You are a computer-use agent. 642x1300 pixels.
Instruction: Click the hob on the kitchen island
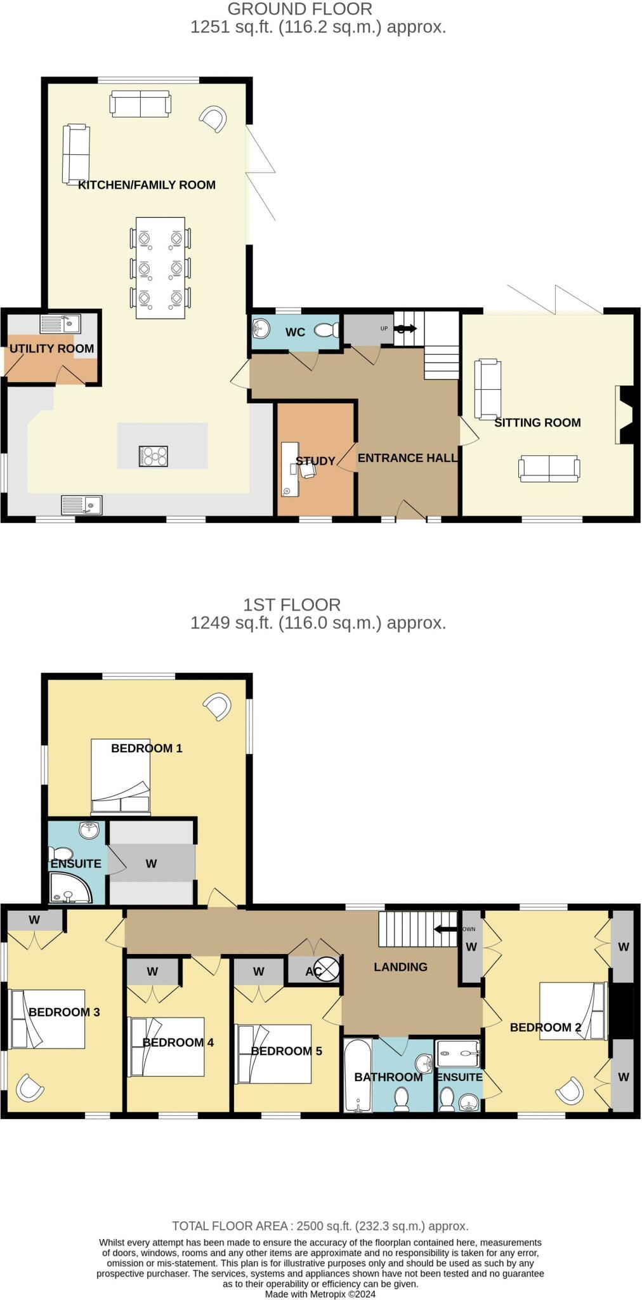click(x=154, y=456)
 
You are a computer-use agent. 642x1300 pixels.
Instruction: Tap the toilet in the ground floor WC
click(x=326, y=329)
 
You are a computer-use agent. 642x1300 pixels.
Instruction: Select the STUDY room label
click(x=315, y=461)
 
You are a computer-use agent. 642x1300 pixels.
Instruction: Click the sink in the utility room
click(x=61, y=324)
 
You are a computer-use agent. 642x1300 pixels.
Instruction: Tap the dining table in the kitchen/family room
click(x=160, y=268)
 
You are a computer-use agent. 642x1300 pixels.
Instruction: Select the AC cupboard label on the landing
click(x=314, y=971)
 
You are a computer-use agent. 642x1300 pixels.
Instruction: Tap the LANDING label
click(x=400, y=967)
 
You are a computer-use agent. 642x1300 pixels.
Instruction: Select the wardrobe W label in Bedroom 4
click(x=152, y=971)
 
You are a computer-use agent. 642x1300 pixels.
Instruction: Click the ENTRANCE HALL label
click(x=407, y=458)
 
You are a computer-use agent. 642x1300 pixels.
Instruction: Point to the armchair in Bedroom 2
click(x=570, y=1091)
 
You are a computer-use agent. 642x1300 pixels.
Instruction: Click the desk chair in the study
click(x=308, y=470)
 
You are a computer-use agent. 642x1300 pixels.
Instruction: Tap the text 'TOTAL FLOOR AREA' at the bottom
click(x=230, y=1226)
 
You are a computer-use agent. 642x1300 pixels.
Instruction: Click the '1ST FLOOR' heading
click(x=292, y=604)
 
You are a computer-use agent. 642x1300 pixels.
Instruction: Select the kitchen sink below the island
click(x=82, y=505)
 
